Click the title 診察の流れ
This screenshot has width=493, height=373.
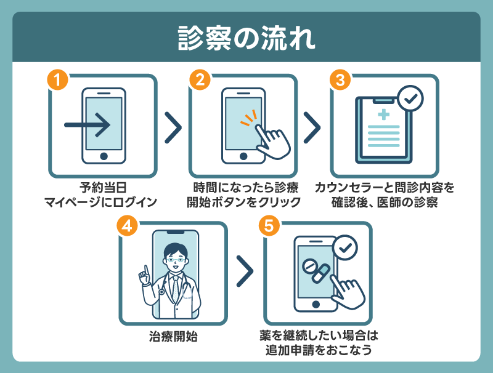coord(246,38)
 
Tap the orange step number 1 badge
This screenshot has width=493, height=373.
coord(57,80)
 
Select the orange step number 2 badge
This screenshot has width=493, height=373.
coord(198,80)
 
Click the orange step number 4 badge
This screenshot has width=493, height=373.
coord(128,226)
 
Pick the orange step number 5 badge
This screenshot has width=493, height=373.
coord(268,226)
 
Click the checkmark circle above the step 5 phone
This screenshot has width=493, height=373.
coord(345,247)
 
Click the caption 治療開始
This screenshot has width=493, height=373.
coord(173,337)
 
